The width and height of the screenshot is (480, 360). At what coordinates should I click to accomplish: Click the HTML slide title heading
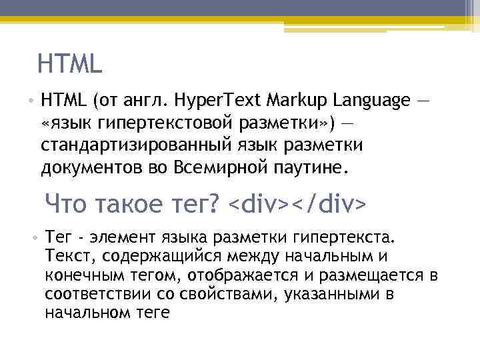click(70, 64)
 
